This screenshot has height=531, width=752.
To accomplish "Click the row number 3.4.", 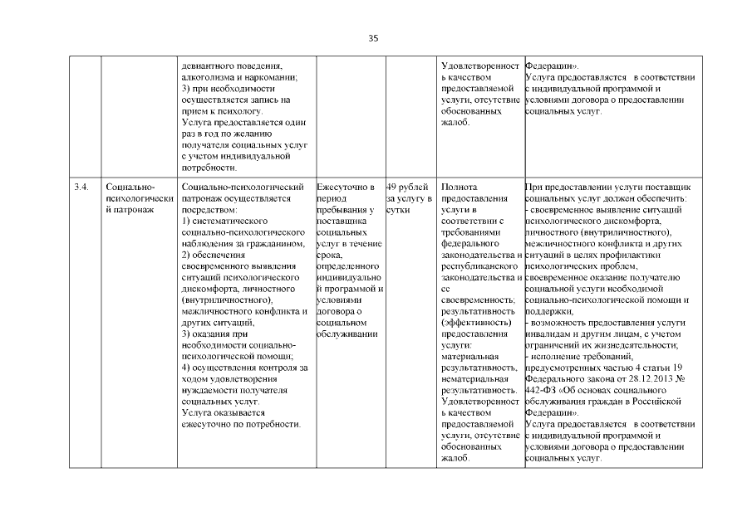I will [x=81, y=188].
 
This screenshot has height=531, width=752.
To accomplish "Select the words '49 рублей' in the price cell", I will [x=407, y=188].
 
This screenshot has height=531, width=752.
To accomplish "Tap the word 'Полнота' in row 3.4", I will [x=461, y=188].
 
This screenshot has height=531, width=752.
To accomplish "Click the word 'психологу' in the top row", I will [x=239, y=110].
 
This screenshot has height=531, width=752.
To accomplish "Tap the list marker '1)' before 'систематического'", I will [x=186, y=222].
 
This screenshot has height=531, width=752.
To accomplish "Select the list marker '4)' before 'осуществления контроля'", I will [x=186, y=367].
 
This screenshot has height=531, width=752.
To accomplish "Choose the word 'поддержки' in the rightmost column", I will [x=548, y=311].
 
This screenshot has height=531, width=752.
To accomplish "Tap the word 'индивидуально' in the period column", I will [x=348, y=278].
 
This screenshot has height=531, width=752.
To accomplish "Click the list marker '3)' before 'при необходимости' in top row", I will [x=186, y=88].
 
